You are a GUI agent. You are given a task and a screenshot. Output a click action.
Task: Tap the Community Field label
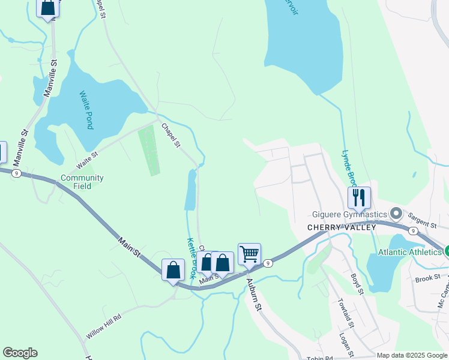[x=82, y=182]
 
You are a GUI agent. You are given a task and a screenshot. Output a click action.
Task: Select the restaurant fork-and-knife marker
[x=359, y=197]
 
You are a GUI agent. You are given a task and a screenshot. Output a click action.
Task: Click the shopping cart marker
[x=249, y=253]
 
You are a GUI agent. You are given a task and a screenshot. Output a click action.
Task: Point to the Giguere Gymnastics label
[x=349, y=214]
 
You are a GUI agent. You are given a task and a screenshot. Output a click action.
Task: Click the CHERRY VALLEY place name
[x=342, y=227]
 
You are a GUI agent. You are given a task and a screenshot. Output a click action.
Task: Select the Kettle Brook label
[x=191, y=258]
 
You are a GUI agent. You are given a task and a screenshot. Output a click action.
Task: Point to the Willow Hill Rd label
[x=104, y=326]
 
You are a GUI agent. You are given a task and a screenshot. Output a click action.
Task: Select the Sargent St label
[x=423, y=220]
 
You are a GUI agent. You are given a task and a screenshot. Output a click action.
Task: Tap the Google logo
[x=20, y=353]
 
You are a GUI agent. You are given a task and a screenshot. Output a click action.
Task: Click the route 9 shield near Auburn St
[x=268, y=263]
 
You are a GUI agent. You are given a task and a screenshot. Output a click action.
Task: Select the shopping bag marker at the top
[x=47, y=7]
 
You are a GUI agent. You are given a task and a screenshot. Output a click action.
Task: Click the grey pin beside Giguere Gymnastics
[x=396, y=214]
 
